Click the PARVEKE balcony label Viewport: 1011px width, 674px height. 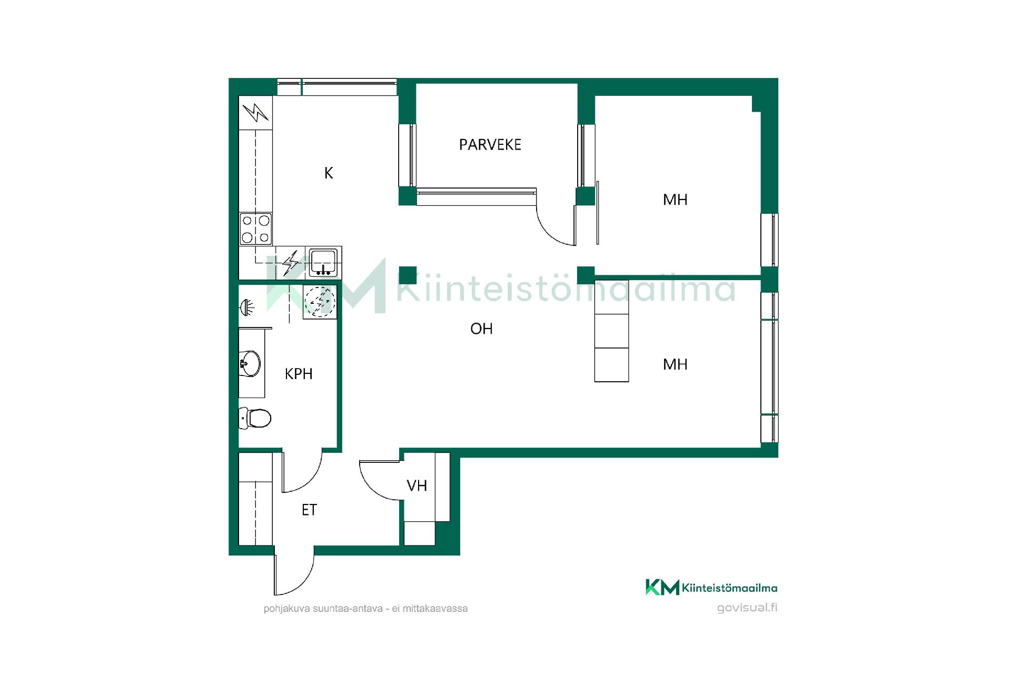click(490, 145)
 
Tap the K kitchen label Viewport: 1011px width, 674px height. click(329, 173)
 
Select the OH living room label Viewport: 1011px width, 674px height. click(481, 329)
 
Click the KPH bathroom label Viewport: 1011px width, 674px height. click(299, 374)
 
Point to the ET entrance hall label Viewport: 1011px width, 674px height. click(309, 510)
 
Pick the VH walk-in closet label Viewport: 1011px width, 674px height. click(417, 485)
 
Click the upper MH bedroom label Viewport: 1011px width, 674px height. click(675, 200)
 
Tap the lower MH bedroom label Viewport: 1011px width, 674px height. click(675, 364)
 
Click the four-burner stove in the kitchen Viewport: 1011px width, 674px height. click(256, 229)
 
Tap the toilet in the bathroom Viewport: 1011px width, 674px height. click(255, 418)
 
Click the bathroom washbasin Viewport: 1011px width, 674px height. click(250, 363)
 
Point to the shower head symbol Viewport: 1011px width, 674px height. click(247, 306)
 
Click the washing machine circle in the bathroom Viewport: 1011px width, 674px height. click(320, 302)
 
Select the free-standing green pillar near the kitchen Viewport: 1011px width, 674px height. click(408, 275)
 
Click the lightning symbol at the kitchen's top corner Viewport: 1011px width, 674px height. click(255, 112)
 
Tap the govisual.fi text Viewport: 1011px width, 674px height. click(747, 608)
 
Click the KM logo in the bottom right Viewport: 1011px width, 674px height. click(662, 587)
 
